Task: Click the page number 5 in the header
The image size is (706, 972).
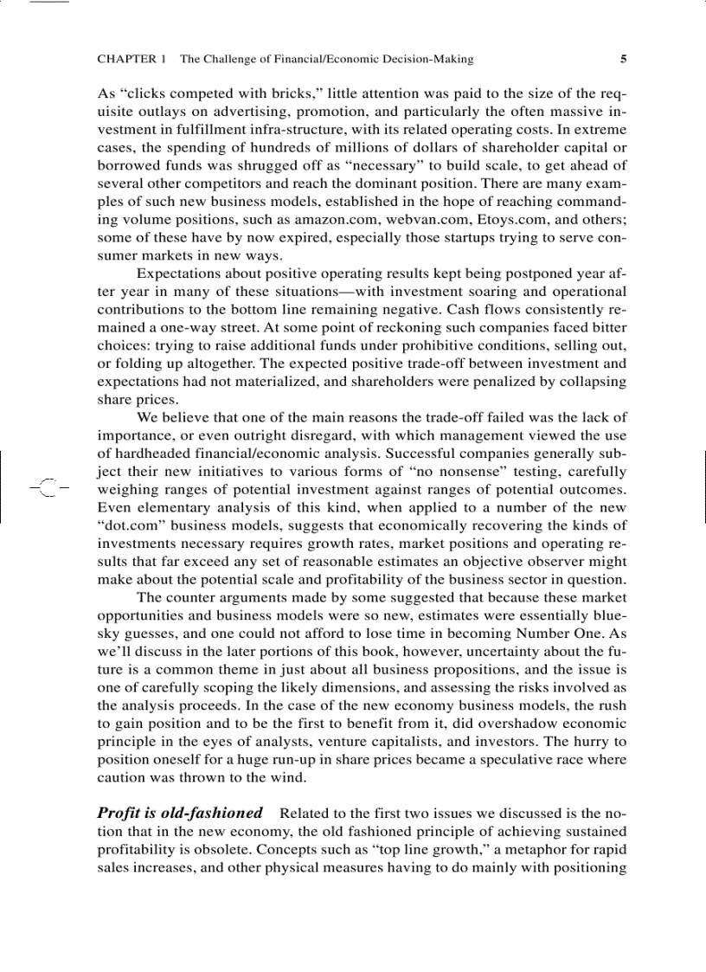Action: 623,60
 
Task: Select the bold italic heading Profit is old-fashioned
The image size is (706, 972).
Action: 180,813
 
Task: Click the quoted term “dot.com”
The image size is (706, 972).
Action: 126,525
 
